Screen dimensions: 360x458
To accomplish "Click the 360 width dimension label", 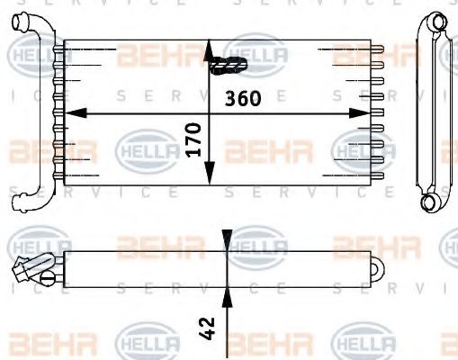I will click(x=244, y=98).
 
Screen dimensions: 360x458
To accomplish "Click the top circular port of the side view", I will click(x=435, y=22).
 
